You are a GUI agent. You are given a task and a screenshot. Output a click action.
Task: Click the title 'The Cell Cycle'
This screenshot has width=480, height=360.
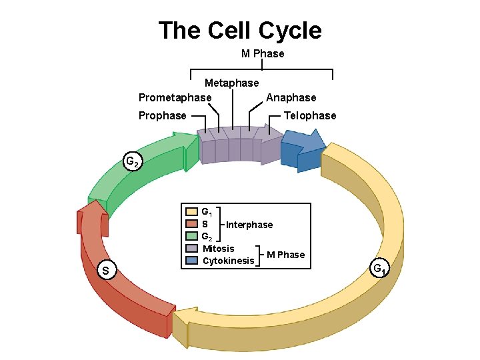point(240,31)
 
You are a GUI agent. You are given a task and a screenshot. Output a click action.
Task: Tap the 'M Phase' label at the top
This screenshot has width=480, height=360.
point(262,53)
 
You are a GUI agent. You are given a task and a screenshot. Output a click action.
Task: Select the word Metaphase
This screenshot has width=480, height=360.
point(231,83)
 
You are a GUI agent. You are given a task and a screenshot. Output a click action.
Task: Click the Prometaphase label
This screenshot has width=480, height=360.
point(175,98)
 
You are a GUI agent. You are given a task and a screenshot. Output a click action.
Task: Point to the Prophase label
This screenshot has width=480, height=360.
point(162,116)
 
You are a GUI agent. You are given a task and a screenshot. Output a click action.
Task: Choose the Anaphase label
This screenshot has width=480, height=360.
point(291,98)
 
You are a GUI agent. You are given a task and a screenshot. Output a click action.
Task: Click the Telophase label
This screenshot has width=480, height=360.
point(310,116)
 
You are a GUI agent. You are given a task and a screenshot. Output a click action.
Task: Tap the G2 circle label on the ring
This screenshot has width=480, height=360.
point(133,162)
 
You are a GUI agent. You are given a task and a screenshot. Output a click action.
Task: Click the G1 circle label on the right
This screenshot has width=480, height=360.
point(380,269)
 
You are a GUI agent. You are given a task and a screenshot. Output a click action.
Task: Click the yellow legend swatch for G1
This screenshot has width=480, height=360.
point(192,213)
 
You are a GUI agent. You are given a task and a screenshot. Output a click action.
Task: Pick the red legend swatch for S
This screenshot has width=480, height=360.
point(192,224)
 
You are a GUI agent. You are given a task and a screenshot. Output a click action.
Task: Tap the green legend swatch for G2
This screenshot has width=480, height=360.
point(192,236)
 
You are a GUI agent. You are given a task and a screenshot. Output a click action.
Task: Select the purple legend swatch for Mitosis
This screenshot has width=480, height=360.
point(192,248)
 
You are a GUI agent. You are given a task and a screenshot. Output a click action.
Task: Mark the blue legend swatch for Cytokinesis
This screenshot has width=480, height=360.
point(192,260)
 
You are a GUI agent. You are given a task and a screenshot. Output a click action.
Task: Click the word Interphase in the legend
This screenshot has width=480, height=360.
point(249,225)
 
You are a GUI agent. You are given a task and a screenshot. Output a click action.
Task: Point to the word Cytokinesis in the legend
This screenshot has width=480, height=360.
point(228,261)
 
